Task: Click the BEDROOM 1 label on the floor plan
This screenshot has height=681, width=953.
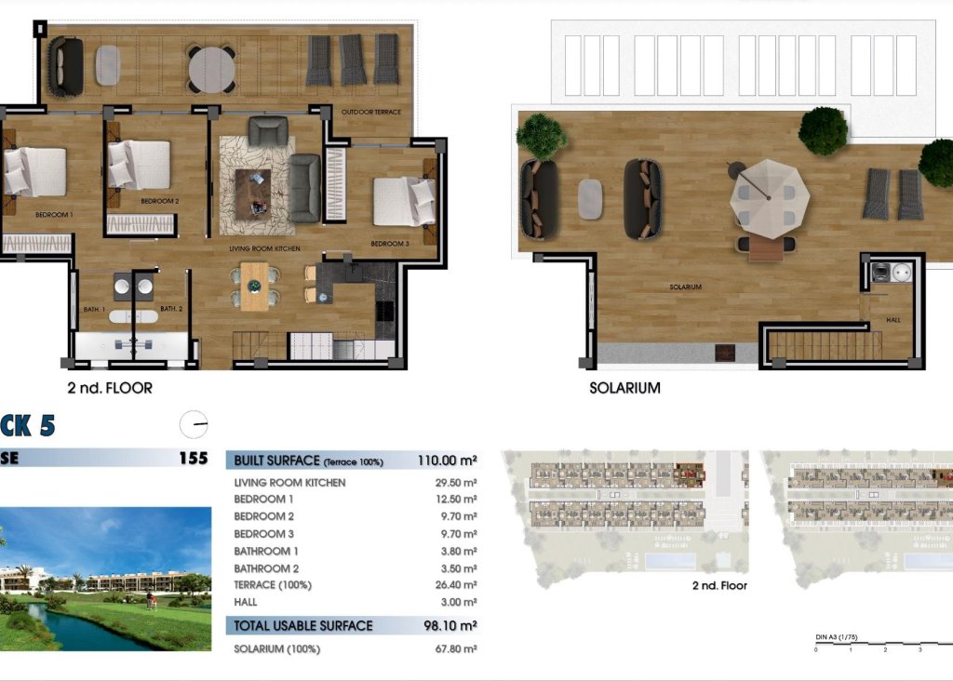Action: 53,215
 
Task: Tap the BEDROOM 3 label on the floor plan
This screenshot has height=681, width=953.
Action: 389,244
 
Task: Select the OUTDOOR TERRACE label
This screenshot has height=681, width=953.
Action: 370,112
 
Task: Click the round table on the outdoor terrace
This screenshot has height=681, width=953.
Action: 211,68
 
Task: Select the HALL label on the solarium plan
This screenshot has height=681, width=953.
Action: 893,320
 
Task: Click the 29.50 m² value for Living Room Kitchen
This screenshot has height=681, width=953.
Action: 456,483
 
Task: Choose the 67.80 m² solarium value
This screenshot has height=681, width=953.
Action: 456,649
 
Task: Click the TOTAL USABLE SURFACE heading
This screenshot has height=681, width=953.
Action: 303,625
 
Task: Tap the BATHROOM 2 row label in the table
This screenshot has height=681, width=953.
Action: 266,568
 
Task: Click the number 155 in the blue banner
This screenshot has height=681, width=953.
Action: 193,458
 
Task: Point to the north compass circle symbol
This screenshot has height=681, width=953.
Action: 194,424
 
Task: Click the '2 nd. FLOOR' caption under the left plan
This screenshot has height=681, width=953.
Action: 110,387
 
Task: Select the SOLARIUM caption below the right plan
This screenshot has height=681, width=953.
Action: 624,387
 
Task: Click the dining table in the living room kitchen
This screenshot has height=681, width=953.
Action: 254,284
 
